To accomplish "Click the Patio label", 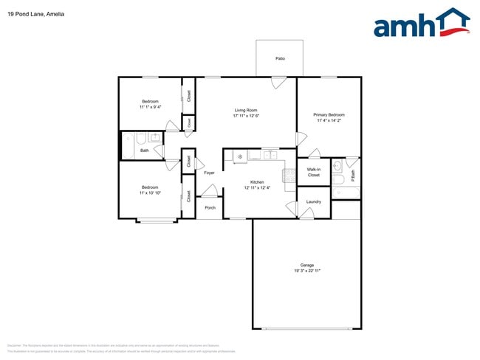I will (280, 58).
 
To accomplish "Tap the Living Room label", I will (246, 110).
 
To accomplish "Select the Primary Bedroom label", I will (329, 115).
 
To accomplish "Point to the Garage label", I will (306, 266).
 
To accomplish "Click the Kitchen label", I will (257, 182).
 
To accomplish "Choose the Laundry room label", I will (313, 201).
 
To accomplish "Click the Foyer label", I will (209, 173).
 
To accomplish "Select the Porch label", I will (210, 207).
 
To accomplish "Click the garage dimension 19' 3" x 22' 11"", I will (306, 271).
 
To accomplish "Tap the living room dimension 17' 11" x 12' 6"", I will (246, 116).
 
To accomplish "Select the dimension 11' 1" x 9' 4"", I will (150, 107).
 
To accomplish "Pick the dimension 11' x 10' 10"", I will (150, 193).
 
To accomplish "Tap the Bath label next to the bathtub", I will (145, 150).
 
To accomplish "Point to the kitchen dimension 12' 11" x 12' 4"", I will (257, 188).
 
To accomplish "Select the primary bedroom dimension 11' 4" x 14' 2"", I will (329, 121).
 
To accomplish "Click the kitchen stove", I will (289, 177).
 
